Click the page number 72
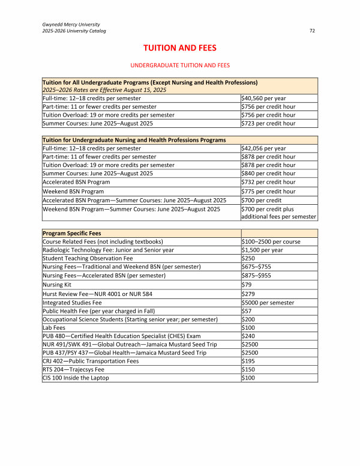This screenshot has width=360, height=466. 312,31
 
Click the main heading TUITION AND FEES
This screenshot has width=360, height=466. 179,47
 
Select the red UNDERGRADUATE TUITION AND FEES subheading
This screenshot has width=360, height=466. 180,65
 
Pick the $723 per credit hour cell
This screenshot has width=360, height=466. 268,123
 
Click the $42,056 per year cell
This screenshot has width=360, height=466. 263,148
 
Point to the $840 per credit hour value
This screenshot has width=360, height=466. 268,174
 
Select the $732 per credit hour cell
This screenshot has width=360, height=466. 268,182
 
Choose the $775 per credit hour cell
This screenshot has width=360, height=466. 268,191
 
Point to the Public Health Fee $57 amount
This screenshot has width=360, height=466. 247,311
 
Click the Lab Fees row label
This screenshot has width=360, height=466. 55,327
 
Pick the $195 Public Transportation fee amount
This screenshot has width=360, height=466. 248,361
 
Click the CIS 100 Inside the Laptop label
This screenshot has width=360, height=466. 76,378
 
